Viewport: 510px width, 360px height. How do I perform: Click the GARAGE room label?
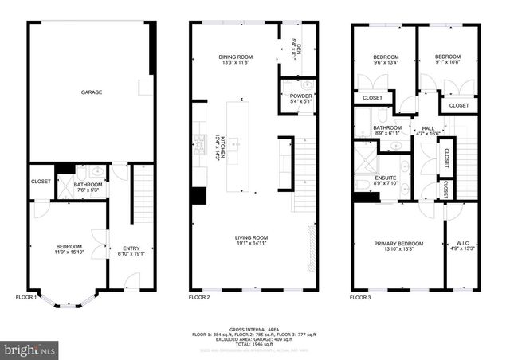pos(91,92)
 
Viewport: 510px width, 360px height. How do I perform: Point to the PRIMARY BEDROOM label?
pos(398,243)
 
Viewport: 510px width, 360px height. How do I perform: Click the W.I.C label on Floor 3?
pos(462,243)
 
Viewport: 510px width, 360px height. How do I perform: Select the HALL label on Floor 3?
pos(428,128)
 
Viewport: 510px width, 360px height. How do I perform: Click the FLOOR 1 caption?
pos(26,297)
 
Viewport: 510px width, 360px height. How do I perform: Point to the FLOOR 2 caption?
pos(198,297)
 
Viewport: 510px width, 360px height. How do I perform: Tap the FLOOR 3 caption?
pos(360,297)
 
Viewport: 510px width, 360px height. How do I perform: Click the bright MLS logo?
pos(30,349)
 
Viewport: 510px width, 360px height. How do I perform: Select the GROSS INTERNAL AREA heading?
pos(254,327)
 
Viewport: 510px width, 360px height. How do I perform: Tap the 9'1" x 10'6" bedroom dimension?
pos(447,64)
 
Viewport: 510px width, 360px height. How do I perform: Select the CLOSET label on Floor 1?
pos(41,182)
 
